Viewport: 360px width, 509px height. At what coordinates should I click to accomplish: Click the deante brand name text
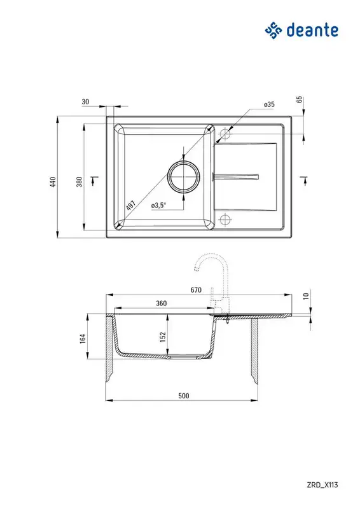(x=312, y=30)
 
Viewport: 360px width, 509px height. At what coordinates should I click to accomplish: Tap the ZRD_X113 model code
(x=322, y=485)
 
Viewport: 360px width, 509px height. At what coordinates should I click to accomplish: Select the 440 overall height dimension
(x=53, y=182)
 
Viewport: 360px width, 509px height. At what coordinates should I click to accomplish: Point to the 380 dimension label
(x=80, y=182)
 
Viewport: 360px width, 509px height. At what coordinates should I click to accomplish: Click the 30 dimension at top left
(x=85, y=102)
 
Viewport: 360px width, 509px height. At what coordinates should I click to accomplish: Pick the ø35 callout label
(x=269, y=104)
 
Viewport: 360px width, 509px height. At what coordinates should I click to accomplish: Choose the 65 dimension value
(x=300, y=99)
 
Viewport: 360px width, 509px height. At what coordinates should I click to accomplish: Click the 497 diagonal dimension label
(x=131, y=206)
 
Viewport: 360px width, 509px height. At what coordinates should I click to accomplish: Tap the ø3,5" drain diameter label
(x=158, y=205)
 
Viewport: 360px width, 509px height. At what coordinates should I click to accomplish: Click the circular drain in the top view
(x=183, y=176)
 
